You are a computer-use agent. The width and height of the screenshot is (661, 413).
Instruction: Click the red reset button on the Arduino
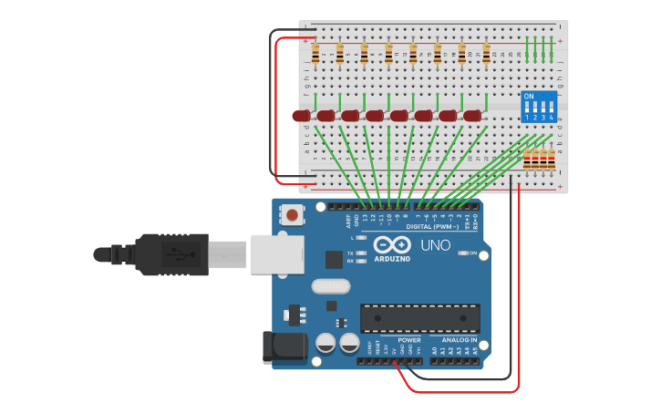(x=291, y=216)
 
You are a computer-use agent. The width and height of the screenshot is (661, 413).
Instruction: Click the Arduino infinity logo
(x=391, y=245)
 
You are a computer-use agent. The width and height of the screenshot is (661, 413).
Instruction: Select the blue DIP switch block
(x=538, y=107)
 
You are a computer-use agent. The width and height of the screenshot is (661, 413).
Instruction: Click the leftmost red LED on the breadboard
(x=302, y=116)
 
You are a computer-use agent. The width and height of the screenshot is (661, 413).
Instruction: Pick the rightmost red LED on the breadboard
(x=472, y=116)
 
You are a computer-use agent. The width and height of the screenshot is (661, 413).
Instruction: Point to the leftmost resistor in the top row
(x=315, y=56)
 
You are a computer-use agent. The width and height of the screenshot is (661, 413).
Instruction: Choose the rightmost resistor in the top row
(x=486, y=56)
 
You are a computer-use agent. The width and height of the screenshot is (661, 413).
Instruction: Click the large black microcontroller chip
(x=419, y=318)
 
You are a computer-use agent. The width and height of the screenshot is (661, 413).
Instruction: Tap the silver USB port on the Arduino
(x=276, y=254)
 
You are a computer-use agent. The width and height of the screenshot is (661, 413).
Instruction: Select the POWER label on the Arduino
(x=409, y=340)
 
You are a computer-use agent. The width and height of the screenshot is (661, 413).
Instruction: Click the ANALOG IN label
(x=460, y=340)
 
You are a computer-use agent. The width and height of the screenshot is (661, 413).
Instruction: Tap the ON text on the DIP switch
(x=529, y=96)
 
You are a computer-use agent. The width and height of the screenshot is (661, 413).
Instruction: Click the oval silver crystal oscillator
(x=330, y=286)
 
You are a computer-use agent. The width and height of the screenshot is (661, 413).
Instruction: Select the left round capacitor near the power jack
(x=325, y=344)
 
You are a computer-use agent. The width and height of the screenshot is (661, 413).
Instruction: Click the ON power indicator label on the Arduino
(x=473, y=253)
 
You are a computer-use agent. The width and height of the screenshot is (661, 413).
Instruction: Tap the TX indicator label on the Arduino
(x=351, y=253)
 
